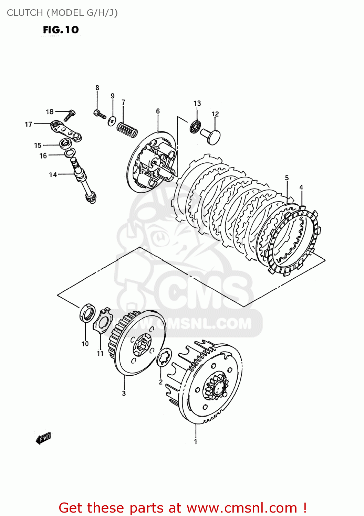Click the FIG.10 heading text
[61, 30]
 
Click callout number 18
[50, 111]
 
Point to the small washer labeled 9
[112, 121]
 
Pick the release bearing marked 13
[195, 127]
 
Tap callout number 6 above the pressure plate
[158, 111]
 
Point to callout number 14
[52, 174]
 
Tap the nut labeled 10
[88, 313]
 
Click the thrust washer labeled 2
[164, 358]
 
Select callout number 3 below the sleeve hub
[124, 393]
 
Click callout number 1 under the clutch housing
[196, 441]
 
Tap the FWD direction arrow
[43, 438]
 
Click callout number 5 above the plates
[287, 178]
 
